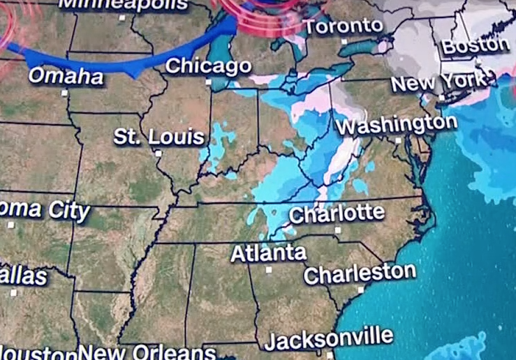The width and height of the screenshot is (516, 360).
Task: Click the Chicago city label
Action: coord(208,66)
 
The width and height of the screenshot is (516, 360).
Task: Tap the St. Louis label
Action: coord(159,137)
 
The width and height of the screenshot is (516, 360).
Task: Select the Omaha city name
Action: coord(65,76)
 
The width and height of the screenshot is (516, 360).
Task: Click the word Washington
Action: coord(396,125)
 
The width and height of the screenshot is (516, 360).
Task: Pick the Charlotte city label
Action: coord(337,213)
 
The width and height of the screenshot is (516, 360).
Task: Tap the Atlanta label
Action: coord(268,253)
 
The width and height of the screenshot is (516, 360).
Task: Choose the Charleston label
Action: coord(360,273)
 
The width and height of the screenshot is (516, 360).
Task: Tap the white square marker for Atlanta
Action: coord(269,269)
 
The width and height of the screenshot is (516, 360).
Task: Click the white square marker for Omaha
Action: coord(65,92)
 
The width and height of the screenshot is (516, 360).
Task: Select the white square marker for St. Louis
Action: coord(158,153)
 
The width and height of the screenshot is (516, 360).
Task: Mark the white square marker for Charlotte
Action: coord(338,229)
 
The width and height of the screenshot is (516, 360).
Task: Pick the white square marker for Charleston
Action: coord(361,289)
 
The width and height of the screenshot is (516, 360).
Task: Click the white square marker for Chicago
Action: coord(208,82)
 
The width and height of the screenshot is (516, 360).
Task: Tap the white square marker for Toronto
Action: coord(344,42)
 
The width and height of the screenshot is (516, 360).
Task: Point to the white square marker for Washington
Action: coord(399,140)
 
